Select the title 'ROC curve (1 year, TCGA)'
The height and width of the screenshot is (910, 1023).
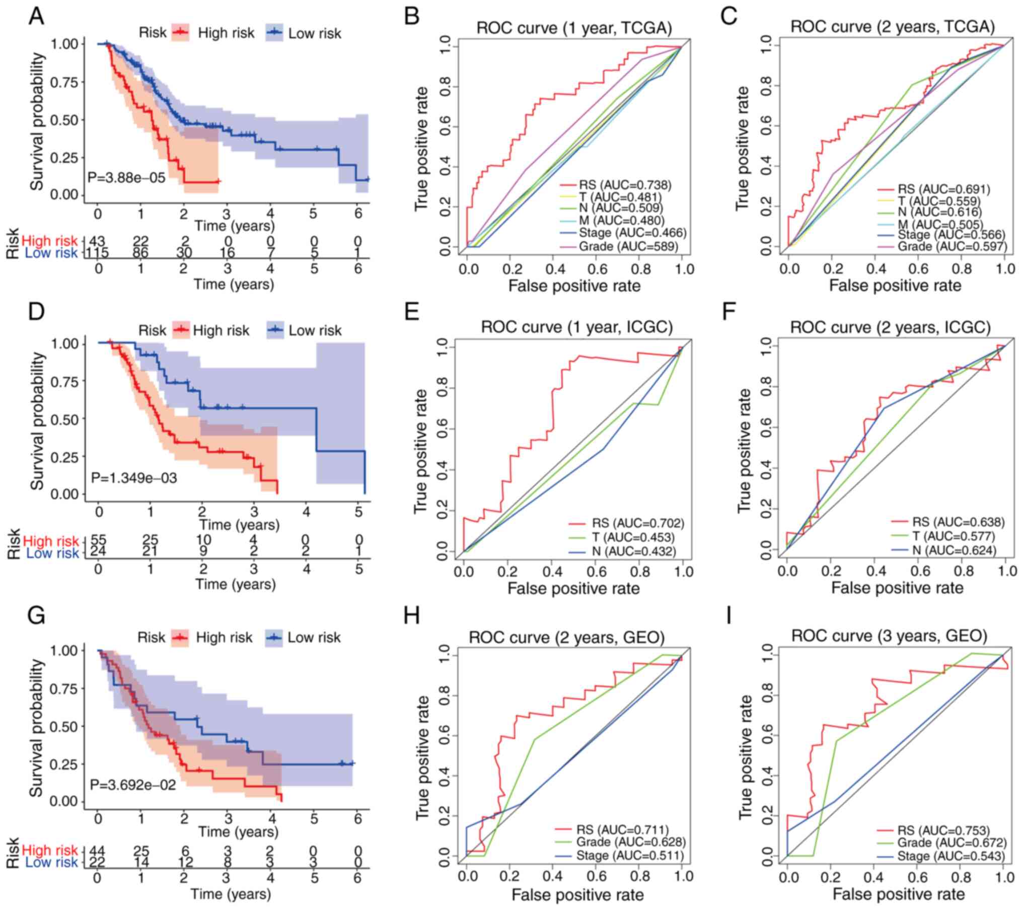point(574,28)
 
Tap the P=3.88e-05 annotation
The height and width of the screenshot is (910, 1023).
point(126,177)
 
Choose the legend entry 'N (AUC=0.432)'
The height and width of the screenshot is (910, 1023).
point(634,551)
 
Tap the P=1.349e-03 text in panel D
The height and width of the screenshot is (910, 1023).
point(134,477)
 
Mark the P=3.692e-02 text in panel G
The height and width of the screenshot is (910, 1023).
point(133,785)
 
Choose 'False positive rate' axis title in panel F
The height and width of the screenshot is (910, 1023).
point(897,588)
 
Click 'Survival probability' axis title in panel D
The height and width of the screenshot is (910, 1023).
point(38,421)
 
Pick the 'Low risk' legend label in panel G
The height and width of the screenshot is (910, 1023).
point(314,638)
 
